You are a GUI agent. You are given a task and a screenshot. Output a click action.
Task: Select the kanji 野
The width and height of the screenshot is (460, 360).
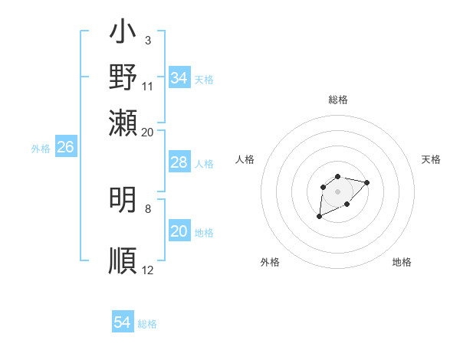[123, 77]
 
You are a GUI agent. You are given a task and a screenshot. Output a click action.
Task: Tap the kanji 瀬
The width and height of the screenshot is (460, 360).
[123, 122]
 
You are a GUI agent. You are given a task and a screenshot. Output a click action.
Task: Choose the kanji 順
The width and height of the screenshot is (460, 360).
[123, 260]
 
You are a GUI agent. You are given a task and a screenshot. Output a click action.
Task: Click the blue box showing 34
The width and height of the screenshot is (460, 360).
[179, 78]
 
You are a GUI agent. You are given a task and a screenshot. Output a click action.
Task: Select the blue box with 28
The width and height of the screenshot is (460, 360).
[179, 162]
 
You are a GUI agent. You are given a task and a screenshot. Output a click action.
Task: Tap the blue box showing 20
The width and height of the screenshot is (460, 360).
[179, 231]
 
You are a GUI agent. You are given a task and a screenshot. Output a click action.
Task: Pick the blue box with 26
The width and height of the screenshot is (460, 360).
[65, 147]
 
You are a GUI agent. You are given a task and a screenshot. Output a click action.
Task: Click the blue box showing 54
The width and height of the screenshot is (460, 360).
[123, 322]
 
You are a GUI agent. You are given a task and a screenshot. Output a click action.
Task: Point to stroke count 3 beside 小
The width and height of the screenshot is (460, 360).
[148, 40]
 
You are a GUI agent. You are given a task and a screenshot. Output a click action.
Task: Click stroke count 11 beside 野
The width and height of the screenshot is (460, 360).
[148, 85]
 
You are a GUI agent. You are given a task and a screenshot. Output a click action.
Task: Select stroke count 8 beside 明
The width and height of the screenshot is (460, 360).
[148, 208]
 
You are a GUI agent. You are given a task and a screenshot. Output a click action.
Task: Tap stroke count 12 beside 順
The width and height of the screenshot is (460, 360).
[148, 270]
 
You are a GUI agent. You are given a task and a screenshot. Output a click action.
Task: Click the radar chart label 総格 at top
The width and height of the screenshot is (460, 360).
[337, 100]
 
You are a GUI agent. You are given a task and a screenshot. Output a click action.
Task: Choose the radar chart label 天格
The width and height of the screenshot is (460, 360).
[431, 159]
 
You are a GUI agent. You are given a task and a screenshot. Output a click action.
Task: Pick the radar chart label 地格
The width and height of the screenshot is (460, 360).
[402, 262]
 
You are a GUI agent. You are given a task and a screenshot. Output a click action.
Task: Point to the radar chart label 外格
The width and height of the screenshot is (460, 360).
[270, 262]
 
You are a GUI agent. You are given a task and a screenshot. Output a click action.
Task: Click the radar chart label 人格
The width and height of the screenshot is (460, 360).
[245, 159]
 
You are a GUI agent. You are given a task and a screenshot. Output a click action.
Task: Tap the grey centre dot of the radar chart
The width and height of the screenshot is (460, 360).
[337, 190]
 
